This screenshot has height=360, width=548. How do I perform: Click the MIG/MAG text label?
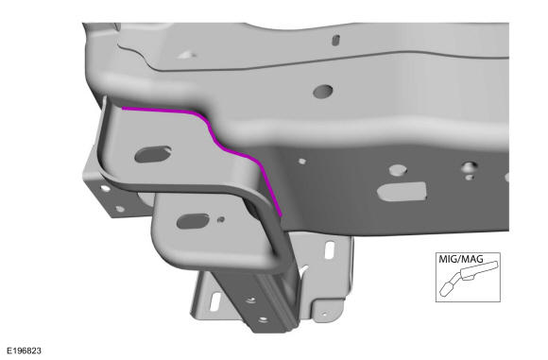pyautogui.click(x=461, y=259)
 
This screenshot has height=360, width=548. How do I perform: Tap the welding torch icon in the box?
pyautogui.click(x=469, y=277)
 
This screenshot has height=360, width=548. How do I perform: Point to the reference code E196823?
pyautogui.click(x=25, y=351)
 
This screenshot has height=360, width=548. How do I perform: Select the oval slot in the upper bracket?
pyautogui.click(x=153, y=154)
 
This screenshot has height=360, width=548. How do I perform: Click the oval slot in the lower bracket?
pyautogui.click(x=193, y=221)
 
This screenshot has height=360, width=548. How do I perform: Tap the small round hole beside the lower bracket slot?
pyautogui.click(x=220, y=219)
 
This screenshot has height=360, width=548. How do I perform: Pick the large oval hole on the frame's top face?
pyautogui.click(x=323, y=91)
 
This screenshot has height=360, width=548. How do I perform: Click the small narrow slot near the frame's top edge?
pyautogui.click(x=335, y=40)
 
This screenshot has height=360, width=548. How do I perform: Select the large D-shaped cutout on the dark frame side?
pyautogui.click(x=402, y=192)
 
